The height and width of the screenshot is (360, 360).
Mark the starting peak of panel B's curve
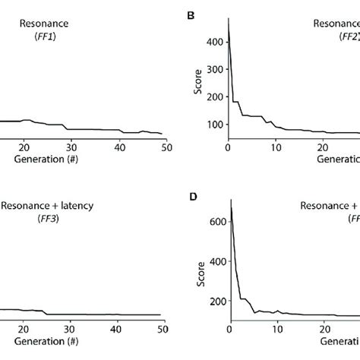(228, 18)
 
